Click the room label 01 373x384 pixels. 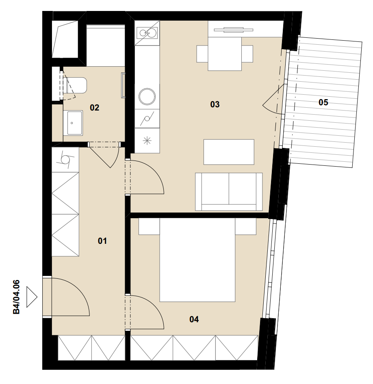(102, 241)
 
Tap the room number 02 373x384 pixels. (95, 108)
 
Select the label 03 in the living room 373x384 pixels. (215, 104)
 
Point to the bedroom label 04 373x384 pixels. (194, 319)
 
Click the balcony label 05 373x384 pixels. (323, 102)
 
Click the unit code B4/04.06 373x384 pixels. (16, 297)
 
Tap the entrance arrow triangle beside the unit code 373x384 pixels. (32, 297)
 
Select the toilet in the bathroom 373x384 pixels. (75, 85)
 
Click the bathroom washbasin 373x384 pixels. (73, 123)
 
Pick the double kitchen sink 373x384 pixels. (147, 33)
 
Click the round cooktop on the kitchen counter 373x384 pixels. (147, 96)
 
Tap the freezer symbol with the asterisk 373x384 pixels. (147, 141)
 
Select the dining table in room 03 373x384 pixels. (225, 54)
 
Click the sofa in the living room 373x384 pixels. (229, 192)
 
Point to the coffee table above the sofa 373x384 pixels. (229, 152)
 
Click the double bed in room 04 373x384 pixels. (197, 260)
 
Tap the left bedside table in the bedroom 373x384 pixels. (149, 226)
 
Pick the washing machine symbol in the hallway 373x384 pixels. (65, 160)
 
